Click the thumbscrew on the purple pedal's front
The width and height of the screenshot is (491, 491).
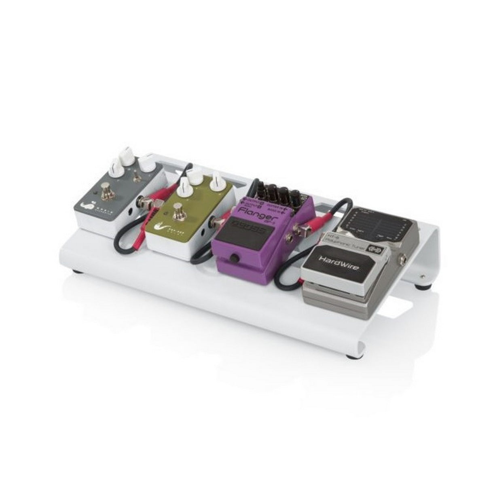[233, 258]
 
